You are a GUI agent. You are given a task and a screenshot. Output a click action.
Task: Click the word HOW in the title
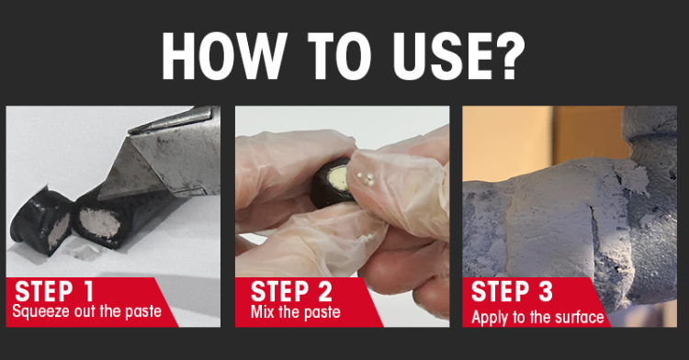coord(223,56)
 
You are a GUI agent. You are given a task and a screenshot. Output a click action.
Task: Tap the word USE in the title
coord(439,56)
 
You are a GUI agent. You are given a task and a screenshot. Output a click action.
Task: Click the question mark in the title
coord(510,56)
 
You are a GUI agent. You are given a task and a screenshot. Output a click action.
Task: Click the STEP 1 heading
coord(54,291)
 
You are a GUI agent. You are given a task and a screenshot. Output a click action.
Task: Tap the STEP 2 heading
coord(291,291)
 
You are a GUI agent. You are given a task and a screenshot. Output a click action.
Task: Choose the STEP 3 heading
coord(512,291)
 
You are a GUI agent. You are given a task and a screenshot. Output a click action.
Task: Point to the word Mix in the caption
coord(263,311)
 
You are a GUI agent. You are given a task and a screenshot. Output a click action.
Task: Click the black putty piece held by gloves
coord(333,183)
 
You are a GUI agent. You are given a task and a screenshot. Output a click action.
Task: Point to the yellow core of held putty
coord(339,177)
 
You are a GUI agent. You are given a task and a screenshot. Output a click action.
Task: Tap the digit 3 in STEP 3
coord(545,291)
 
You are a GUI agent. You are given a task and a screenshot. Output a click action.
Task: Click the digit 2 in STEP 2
coord(324,291)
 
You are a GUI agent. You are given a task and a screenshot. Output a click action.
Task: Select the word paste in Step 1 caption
coord(143,312)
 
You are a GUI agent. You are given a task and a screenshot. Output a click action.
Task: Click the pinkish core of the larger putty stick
coord(99,223)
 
